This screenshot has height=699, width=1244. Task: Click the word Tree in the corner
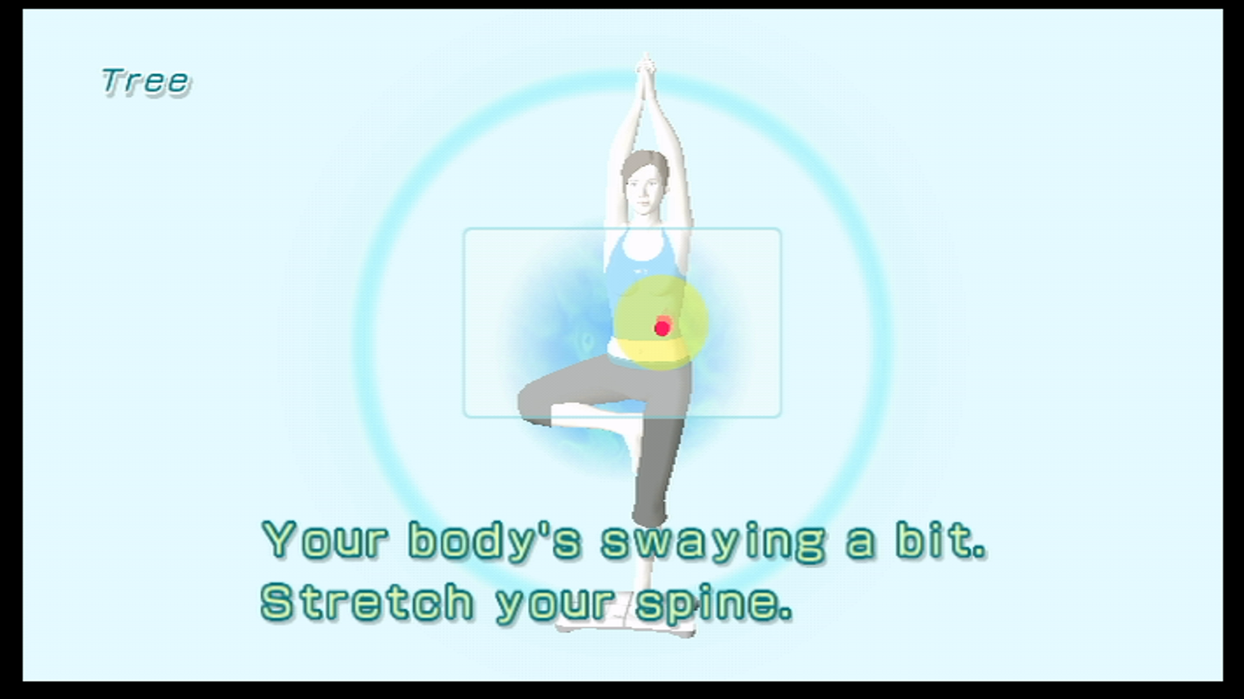[x=146, y=82]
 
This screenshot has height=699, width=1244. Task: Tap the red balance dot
[x=662, y=327]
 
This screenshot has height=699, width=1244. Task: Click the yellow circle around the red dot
[x=660, y=322]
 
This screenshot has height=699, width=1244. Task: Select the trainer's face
[x=643, y=190]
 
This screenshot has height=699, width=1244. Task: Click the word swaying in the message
[x=713, y=541]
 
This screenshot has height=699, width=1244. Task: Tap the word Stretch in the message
[x=367, y=601]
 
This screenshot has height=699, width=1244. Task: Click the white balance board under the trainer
[x=625, y=618]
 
